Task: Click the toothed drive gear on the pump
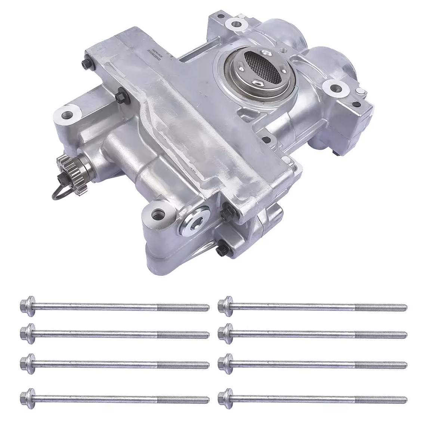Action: pyautogui.click(x=64, y=164)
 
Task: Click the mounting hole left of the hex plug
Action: pyautogui.click(x=157, y=216)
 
